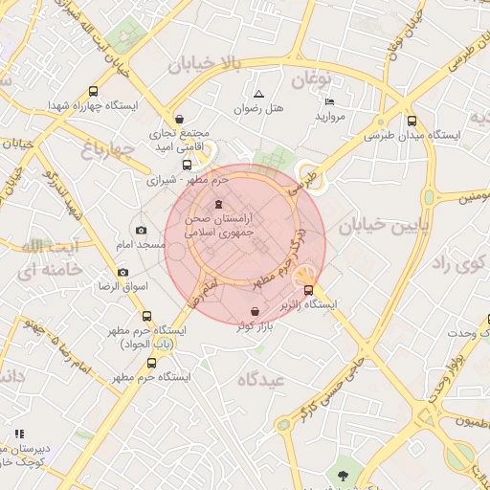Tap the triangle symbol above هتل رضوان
tap(259, 94)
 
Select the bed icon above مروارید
tap(329, 101)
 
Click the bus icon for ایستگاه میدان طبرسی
tap(412, 121)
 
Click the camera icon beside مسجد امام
tap(142, 230)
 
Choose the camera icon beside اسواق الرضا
tap(122, 273)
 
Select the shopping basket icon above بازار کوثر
tap(254, 312)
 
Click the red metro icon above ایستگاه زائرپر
tap(308, 290)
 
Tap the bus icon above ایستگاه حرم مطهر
tap(151, 363)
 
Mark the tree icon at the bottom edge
tap(341, 474)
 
